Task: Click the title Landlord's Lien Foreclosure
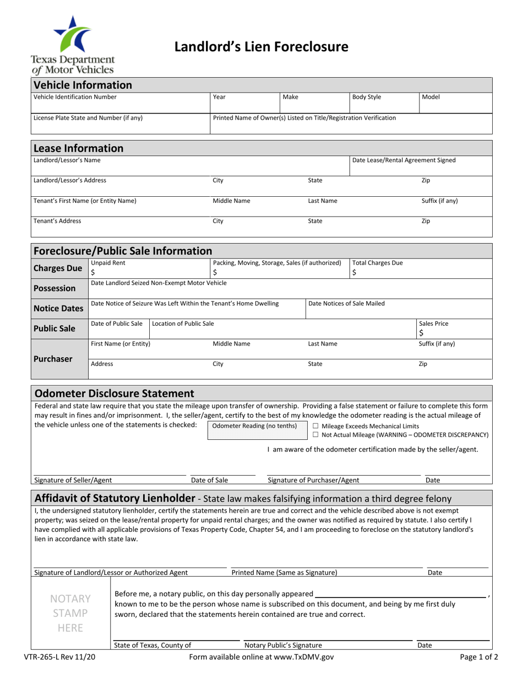261,47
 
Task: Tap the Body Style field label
367,97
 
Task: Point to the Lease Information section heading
79,148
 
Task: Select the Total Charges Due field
420,272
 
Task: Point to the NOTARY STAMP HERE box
71,613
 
